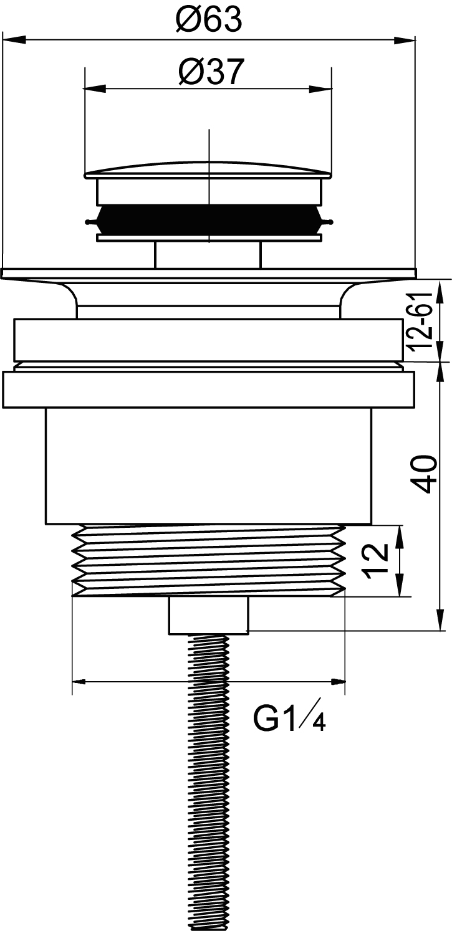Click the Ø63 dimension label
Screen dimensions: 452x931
click(x=208, y=21)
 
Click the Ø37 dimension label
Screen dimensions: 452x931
click(x=210, y=72)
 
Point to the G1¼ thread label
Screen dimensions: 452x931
click(x=289, y=720)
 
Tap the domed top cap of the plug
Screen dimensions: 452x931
click(x=208, y=169)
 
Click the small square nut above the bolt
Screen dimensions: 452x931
click(x=208, y=616)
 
